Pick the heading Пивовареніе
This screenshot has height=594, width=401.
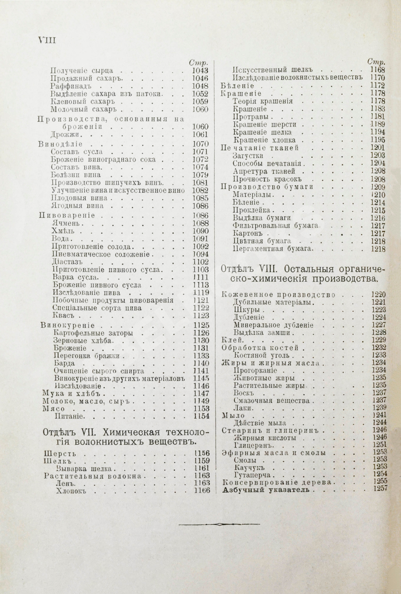pyautogui.click(x=67, y=215)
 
